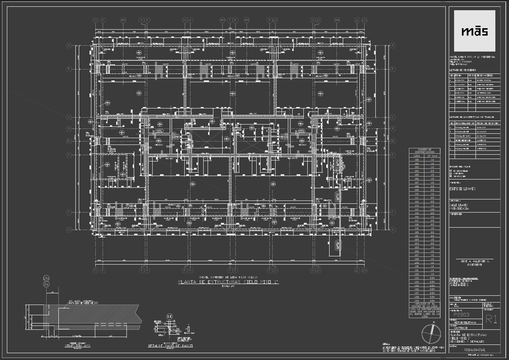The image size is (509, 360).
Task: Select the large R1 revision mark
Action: point(491,319)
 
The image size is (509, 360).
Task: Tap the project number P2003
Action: point(460,315)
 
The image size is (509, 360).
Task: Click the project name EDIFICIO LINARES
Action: point(462,189)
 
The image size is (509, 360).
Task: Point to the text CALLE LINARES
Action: point(459,205)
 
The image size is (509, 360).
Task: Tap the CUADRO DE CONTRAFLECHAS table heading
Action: point(424,151)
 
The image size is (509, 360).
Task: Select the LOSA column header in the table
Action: point(417,156)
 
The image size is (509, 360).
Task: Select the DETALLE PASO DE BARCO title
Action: point(170,346)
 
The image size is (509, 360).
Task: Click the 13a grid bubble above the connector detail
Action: point(46,278)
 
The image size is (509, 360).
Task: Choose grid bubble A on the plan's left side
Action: point(69,45)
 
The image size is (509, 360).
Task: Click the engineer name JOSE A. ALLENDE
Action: point(474,262)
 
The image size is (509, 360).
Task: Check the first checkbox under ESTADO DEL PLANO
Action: point(452,171)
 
